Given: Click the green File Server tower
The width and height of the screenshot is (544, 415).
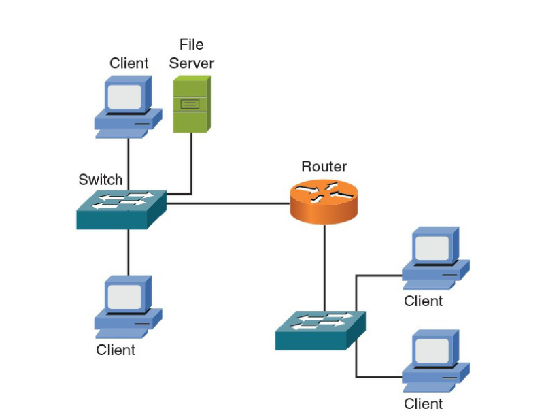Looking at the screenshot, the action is (x=192, y=104).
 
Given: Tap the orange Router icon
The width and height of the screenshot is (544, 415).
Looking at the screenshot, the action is (x=324, y=201).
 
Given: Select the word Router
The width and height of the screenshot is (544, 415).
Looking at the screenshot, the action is (x=324, y=167).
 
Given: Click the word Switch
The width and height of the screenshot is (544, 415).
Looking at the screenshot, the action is (x=101, y=180).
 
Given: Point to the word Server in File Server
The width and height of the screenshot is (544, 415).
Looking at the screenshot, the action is (x=192, y=63).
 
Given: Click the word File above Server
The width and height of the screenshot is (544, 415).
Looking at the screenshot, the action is (x=192, y=44).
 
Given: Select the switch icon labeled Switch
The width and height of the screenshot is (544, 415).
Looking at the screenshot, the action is (x=122, y=210).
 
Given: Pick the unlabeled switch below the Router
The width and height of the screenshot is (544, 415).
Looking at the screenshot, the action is (x=320, y=331).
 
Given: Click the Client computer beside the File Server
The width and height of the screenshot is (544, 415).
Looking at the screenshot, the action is (x=129, y=107).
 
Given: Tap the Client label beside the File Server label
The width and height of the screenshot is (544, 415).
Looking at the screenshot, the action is (x=129, y=63).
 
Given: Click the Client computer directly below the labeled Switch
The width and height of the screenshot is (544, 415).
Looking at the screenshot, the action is (x=129, y=307).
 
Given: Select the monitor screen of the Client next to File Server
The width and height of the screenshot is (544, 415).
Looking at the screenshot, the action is (x=124, y=97).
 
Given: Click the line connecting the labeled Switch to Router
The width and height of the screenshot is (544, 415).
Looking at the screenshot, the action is (x=228, y=203).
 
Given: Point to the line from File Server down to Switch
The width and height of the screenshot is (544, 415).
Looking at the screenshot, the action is (x=190, y=163).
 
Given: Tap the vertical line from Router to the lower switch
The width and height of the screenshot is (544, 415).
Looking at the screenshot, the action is (x=325, y=268).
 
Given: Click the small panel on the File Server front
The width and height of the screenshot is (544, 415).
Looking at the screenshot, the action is (x=190, y=103).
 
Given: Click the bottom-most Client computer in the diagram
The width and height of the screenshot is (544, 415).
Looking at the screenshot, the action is (x=436, y=361).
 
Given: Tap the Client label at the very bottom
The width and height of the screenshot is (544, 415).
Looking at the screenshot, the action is (x=423, y=403).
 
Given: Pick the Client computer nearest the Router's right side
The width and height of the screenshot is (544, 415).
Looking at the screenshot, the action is (x=436, y=258).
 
